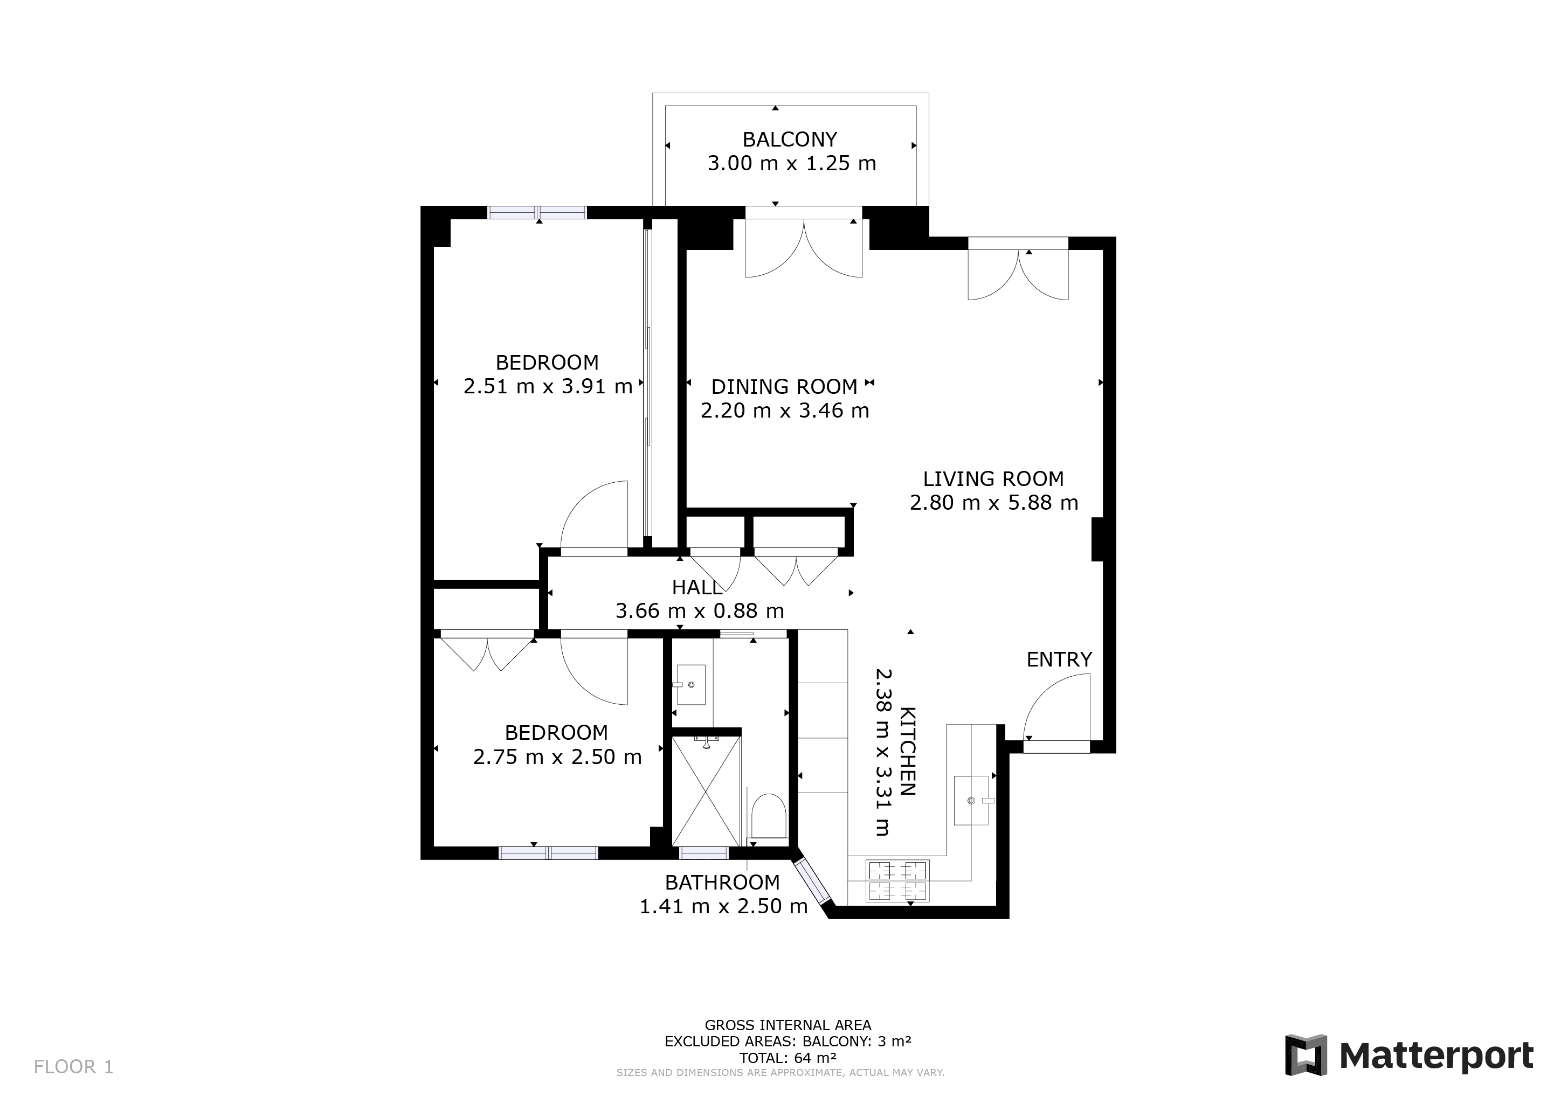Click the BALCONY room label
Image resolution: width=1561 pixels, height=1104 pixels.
[789, 140]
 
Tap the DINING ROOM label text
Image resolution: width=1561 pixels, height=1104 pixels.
[784, 387]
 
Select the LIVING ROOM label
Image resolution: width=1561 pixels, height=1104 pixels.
[993, 478]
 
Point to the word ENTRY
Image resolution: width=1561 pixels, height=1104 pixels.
[1059, 659]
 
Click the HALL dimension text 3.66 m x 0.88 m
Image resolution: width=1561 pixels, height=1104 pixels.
[700, 610]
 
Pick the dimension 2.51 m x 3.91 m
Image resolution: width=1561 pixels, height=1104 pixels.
[548, 386]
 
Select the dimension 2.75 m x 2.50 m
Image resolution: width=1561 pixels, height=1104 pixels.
[557, 756]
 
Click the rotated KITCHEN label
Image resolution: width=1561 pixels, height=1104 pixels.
[908, 751]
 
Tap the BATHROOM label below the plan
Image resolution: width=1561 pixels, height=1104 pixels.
[722, 883]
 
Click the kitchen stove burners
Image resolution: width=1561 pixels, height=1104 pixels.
[897, 881]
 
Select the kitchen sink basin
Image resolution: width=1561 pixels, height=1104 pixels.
[971, 801]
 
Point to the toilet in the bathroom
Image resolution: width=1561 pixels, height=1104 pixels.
[769, 816]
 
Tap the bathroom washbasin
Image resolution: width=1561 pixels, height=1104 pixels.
[692, 685]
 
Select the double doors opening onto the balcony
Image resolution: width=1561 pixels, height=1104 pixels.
[804, 248]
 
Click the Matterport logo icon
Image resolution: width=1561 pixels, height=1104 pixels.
[1306, 1055]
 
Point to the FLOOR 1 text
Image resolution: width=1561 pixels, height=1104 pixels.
[73, 1067]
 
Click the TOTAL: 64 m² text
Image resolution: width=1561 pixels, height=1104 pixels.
[788, 1058]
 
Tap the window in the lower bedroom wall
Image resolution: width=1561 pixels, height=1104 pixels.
[549, 852]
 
